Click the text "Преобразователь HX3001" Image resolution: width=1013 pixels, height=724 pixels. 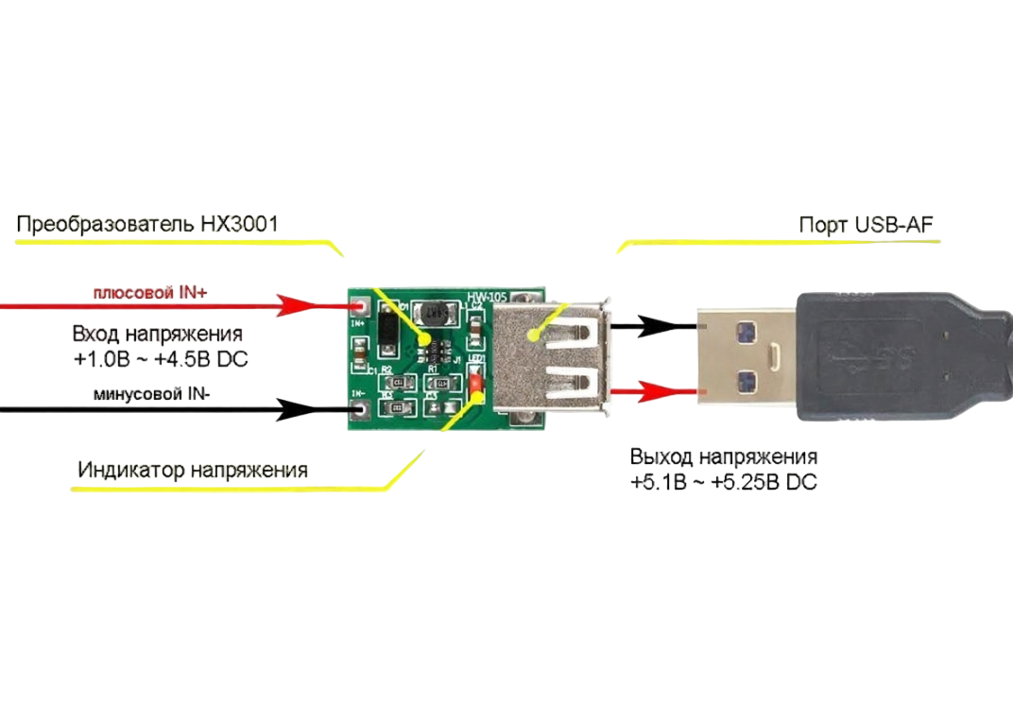click(x=146, y=225)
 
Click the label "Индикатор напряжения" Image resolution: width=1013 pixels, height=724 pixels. click(x=193, y=470)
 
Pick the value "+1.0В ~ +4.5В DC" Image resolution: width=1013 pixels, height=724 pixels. click(x=160, y=359)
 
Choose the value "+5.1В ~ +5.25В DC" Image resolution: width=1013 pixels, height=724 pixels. click(x=724, y=482)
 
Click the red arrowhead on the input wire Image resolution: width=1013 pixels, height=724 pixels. click(x=300, y=305)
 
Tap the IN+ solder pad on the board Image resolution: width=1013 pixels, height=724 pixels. click(x=359, y=307)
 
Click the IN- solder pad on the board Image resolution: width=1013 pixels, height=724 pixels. click(x=359, y=409)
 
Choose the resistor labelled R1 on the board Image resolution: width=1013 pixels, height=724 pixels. click(x=438, y=384)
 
